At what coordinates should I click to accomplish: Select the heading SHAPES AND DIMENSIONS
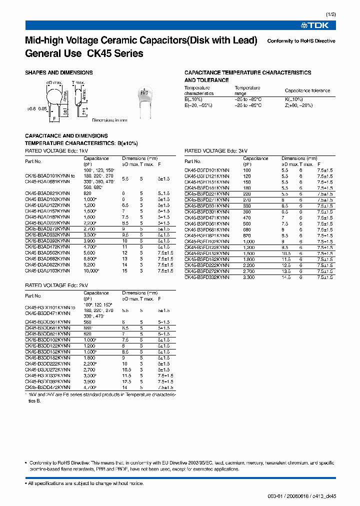[59, 72]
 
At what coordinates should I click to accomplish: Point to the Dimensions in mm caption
[110, 120]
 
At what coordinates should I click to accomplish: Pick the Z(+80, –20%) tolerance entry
[299, 105]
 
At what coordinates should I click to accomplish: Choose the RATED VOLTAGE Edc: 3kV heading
[216, 150]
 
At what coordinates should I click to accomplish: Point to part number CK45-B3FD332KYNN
[207, 276]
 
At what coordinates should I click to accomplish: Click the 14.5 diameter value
[286, 276]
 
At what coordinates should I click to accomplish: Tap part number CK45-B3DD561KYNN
[47, 322]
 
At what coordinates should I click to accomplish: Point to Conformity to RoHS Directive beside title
[301, 41]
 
